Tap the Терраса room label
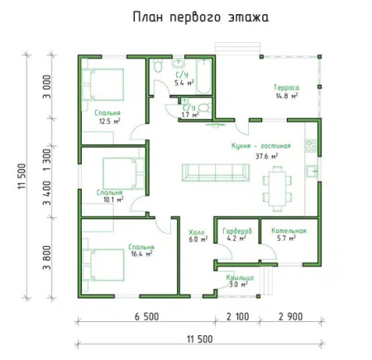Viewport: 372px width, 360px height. click(x=287, y=87)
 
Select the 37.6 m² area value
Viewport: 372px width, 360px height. click(x=266, y=154)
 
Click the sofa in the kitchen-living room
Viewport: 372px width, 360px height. click(x=215, y=172)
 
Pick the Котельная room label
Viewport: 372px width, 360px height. click(x=292, y=231)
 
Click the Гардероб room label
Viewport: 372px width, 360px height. click(x=237, y=231)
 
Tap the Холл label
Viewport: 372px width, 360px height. click(x=197, y=232)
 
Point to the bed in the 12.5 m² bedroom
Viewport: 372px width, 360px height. click(x=103, y=83)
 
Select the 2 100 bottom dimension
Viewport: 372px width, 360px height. click(x=238, y=317)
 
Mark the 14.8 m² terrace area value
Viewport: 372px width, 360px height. click(x=287, y=95)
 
